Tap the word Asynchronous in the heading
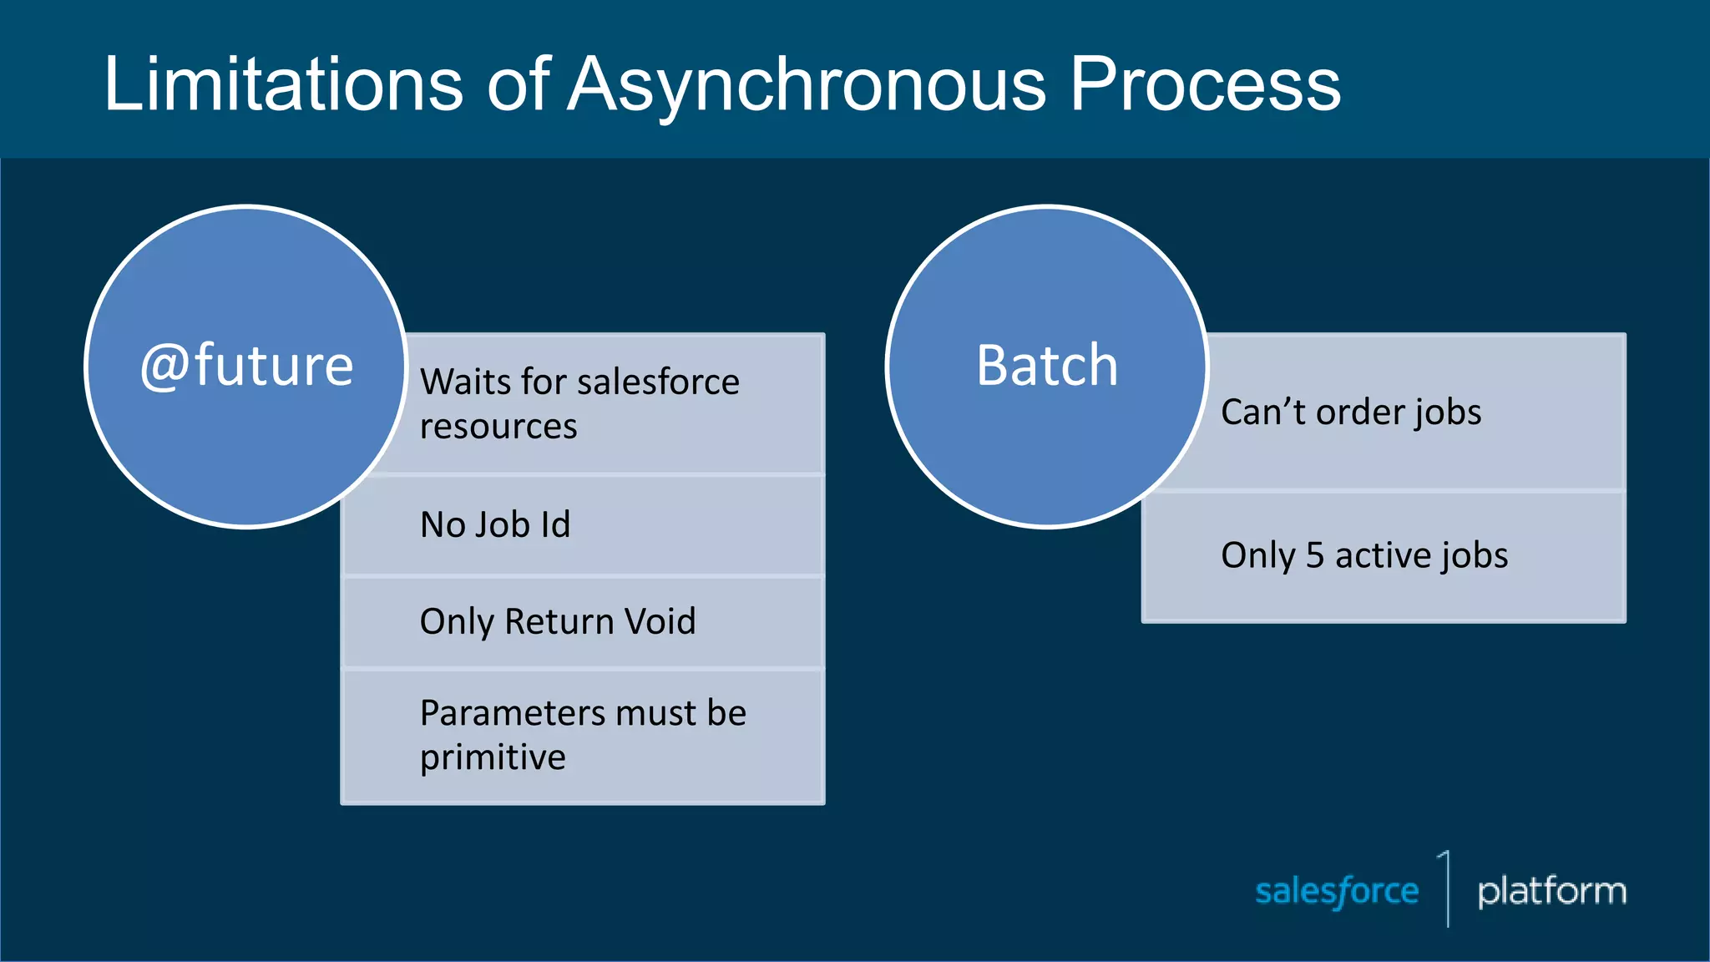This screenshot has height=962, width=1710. [x=807, y=85]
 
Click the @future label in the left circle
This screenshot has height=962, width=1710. [x=247, y=366]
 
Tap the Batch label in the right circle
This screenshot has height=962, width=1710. [x=1047, y=366]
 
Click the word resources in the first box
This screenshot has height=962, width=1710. [x=498, y=427]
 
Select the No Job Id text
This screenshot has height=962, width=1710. [x=495, y=525]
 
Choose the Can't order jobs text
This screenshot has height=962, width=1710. [x=1351, y=413]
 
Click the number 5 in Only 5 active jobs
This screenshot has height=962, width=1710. [x=1315, y=556]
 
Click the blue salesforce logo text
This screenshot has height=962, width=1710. [x=1337, y=892]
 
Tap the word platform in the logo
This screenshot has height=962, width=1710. [x=1551, y=892]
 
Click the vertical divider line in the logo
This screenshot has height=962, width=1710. [x=1448, y=892]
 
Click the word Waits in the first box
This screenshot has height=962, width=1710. [x=465, y=382]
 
